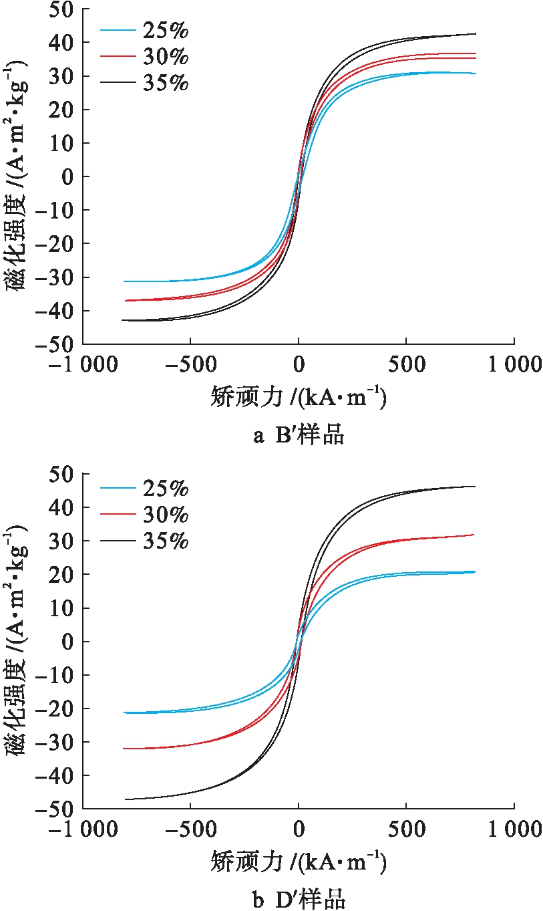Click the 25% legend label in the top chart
[x=165, y=30]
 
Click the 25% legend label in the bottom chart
[x=165, y=489]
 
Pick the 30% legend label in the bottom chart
[x=165, y=515]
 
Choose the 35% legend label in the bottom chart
[x=165, y=541]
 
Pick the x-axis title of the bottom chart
[x=299, y=863]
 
